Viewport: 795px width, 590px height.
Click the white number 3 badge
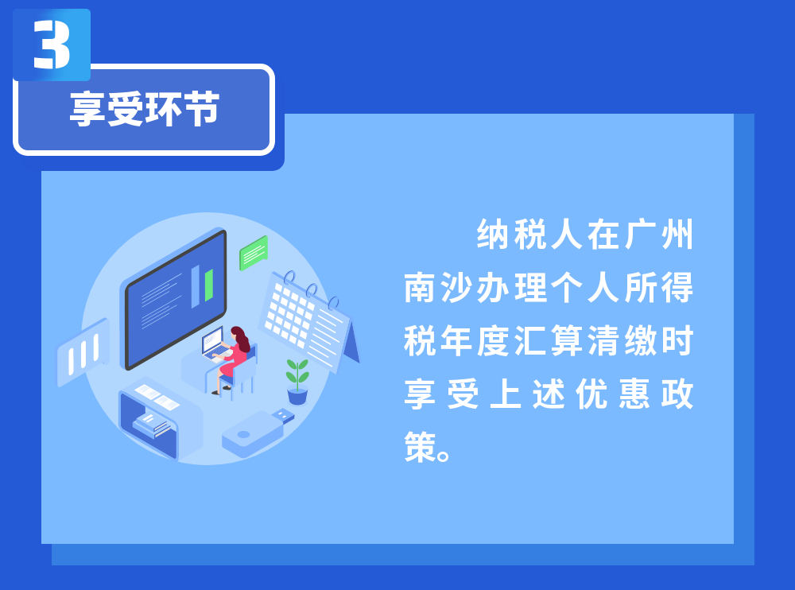click(x=52, y=45)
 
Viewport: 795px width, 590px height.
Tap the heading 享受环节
click(x=145, y=109)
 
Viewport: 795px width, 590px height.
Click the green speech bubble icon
click(x=254, y=253)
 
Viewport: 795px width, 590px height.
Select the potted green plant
click(x=297, y=382)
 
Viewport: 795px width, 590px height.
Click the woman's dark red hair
click(x=242, y=339)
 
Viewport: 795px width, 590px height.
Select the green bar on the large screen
click(x=208, y=285)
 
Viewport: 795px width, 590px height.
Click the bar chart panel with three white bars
click(x=83, y=351)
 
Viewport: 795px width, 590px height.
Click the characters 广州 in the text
click(x=658, y=235)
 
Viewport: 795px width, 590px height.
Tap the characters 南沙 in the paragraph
click(x=440, y=288)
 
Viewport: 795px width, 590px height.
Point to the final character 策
click(x=420, y=446)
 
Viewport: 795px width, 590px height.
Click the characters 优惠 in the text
click(x=612, y=394)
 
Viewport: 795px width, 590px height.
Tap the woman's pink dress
click(x=233, y=361)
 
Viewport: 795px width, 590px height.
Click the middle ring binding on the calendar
click(x=312, y=290)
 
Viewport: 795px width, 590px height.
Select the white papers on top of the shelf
click(x=157, y=398)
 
